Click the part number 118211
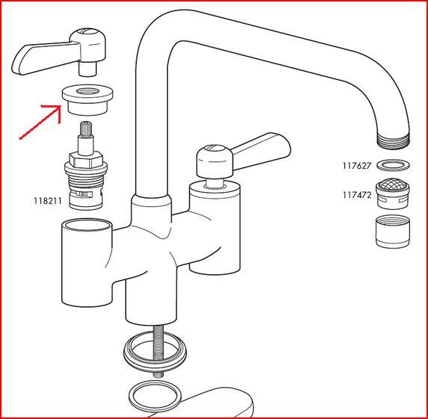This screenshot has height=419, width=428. click(47, 201)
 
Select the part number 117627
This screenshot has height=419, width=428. click(357, 166)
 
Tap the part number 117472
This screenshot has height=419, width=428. click(357, 195)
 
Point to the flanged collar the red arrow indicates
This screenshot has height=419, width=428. click(88, 100)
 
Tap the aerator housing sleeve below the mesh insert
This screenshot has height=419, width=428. click(393, 232)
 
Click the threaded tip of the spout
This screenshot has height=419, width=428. click(394, 140)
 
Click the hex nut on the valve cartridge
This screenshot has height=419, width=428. click(86, 160)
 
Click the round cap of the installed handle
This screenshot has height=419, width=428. click(215, 161)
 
